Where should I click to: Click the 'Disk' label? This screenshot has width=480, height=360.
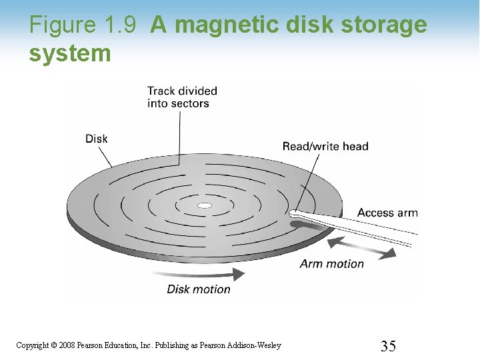(97, 139)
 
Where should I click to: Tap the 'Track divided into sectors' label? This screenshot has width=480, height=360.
(182, 97)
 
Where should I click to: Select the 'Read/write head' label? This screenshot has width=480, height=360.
(325, 146)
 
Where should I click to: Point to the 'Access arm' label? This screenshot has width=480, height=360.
(387, 213)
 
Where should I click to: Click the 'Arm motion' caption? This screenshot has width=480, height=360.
(332, 263)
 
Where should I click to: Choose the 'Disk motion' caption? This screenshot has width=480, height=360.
(199, 289)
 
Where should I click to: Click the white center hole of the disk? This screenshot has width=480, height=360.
(205, 205)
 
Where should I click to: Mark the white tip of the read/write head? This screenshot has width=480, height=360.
(294, 213)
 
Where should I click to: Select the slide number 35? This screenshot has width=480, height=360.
(388, 345)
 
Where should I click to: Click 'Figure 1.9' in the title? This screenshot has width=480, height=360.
(83, 25)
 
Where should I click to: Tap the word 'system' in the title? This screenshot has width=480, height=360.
(70, 53)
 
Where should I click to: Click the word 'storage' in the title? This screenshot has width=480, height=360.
(385, 25)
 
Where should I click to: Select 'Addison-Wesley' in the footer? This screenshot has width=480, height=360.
(255, 345)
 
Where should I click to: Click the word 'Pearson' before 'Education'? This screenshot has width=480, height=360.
(90, 345)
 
